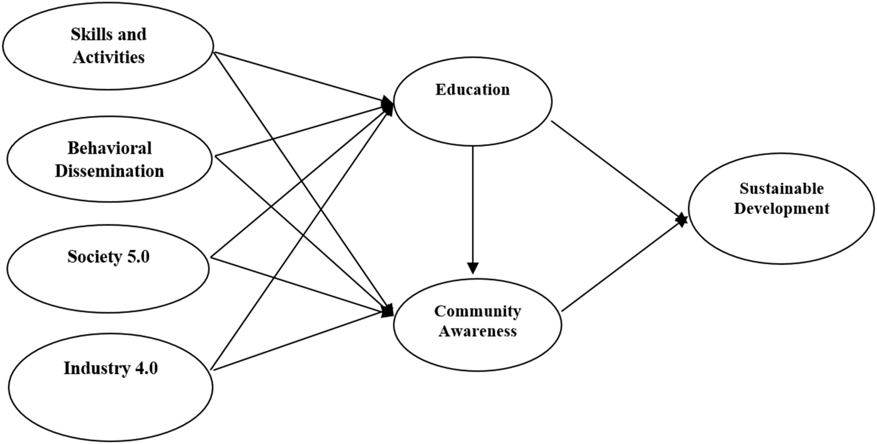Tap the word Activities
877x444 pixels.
point(109,57)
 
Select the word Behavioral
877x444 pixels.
point(110,148)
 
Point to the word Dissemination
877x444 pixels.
point(110,171)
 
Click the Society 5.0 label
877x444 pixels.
point(108,257)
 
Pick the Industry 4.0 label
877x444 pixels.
point(111,368)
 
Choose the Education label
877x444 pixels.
point(472,90)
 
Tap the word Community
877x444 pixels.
point(477,311)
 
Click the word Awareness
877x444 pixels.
point(477,331)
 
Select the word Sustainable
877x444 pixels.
point(781,189)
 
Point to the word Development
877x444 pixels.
point(781,209)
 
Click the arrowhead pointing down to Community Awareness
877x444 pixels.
point(472,268)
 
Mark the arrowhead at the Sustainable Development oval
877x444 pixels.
point(682,220)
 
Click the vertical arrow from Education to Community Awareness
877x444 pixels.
point(472,204)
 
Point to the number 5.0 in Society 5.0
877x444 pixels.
point(138,257)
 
